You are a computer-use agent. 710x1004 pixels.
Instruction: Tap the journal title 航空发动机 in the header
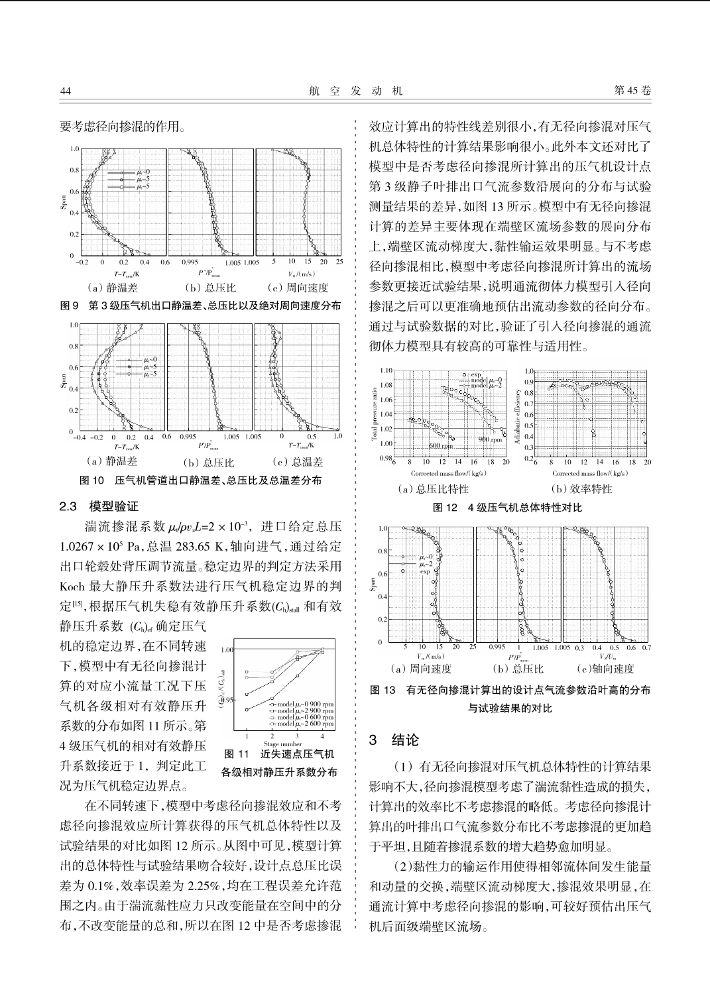click(355, 91)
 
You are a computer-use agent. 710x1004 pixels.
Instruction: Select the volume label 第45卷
click(632, 91)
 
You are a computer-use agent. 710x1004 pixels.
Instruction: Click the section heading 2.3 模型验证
click(99, 506)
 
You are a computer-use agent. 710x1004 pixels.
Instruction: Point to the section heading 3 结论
click(394, 740)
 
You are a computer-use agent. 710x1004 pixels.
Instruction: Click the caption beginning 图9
click(201, 306)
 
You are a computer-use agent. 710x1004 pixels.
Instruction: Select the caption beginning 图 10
click(201, 480)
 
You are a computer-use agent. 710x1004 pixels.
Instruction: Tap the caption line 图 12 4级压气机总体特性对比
click(507, 507)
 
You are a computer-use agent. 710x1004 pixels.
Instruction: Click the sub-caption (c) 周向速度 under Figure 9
click(298, 288)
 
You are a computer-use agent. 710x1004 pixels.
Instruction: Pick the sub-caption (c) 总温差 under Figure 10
click(298, 462)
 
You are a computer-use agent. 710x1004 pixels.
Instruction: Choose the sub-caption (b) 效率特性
click(581, 489)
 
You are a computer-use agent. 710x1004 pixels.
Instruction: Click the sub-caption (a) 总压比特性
click(433, 489)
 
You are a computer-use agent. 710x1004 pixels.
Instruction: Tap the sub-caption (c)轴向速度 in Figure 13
click(605, 669)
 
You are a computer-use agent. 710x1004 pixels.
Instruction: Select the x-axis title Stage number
click(282, 744)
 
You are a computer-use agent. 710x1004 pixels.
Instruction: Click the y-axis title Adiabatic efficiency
click(518, 416)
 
